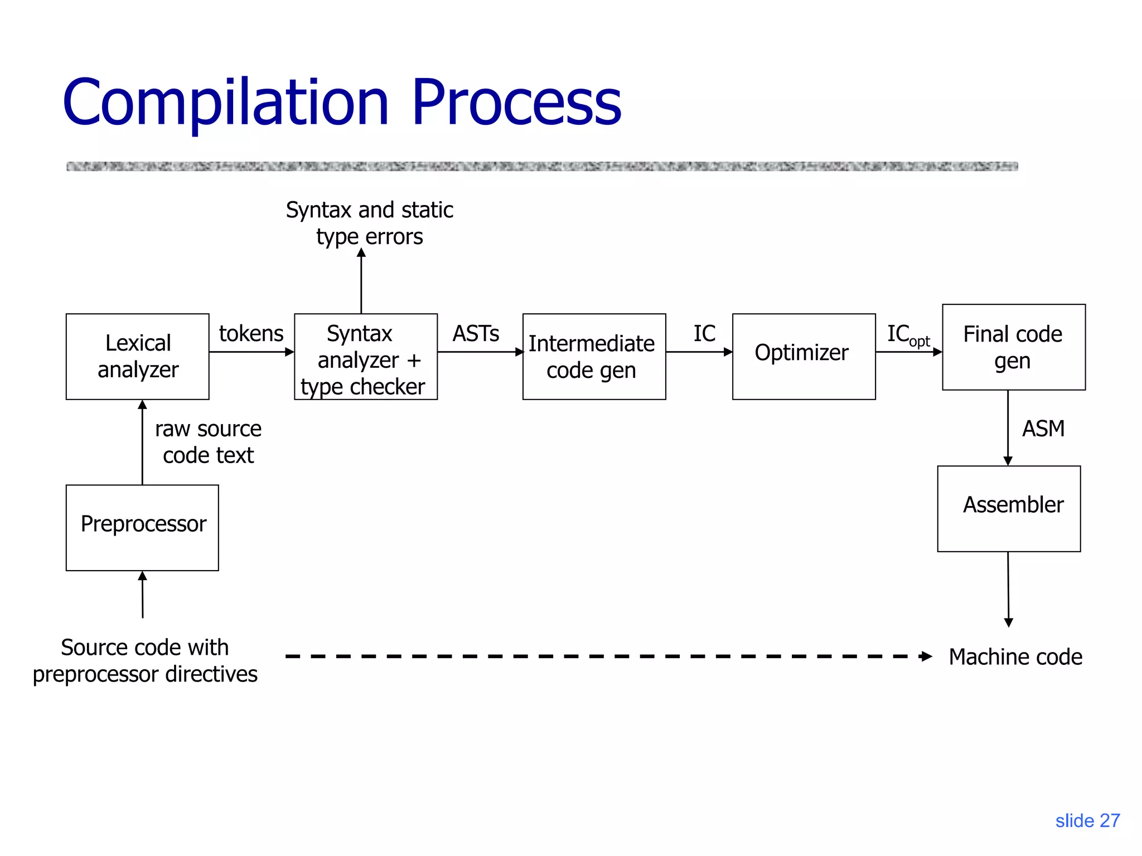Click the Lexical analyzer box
click(137, 357)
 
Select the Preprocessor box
click(142, 527)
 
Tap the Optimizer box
click(804, 357)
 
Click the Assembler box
click(1009, 508)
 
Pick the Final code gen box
click(1013, 347)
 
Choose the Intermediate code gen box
click(594, 357)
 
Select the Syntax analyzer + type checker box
click(365, 357)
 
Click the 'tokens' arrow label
click(251, 333)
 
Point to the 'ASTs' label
click(476, 333)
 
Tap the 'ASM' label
click(1043, 429)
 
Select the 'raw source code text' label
click(208, 442)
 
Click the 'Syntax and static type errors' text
click(369, 223)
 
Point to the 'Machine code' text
click(1015, 656)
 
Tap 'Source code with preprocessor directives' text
click(145, 660)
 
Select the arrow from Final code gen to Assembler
click(1008, 427)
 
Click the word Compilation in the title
click(225, 103)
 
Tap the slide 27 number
click(1087, 820)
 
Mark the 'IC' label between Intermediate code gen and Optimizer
click(704, 333)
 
